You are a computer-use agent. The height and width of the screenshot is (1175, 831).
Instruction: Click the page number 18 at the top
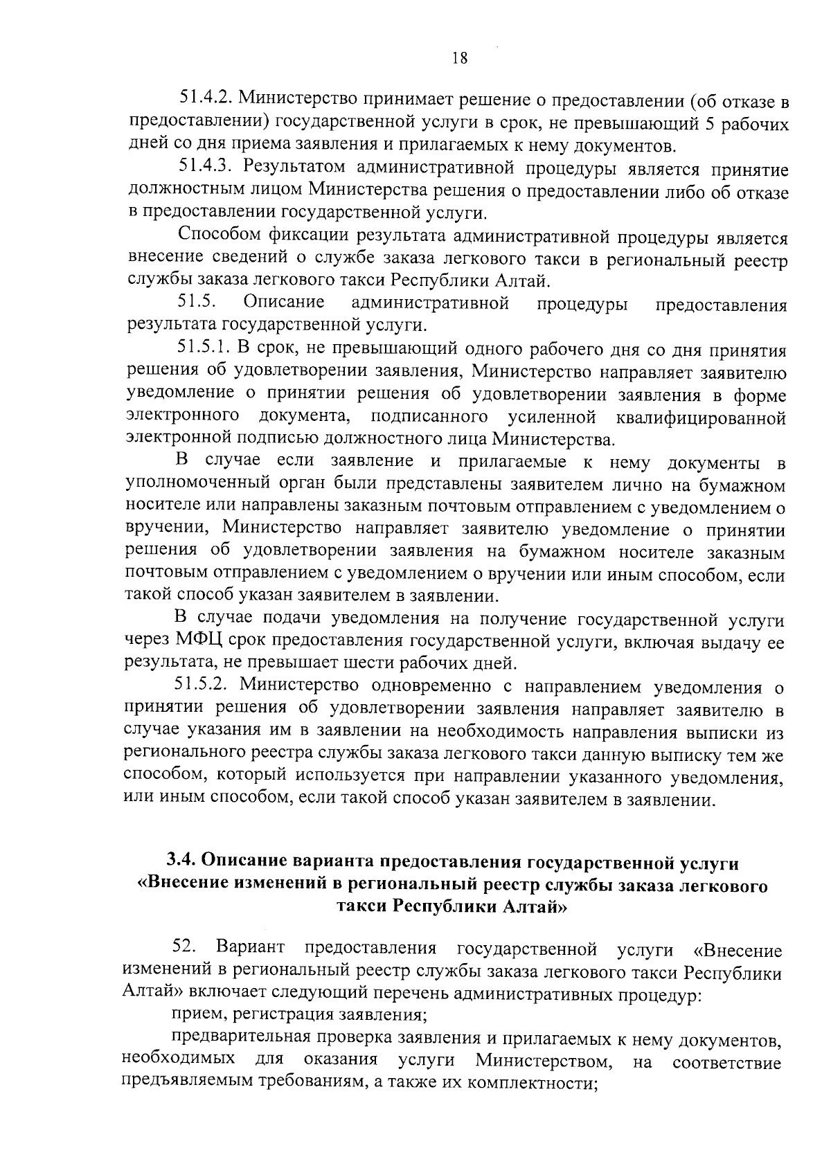[x=460, y=59]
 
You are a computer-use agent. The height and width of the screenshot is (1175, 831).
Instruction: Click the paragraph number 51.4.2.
[x=204, y=102]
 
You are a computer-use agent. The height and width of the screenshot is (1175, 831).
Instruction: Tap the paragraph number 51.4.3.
[x=204, y=168]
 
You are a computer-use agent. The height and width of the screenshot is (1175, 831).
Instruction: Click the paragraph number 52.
[x=186, y=947]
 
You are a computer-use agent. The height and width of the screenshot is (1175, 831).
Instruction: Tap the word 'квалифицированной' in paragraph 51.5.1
[x=700, y=418]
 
